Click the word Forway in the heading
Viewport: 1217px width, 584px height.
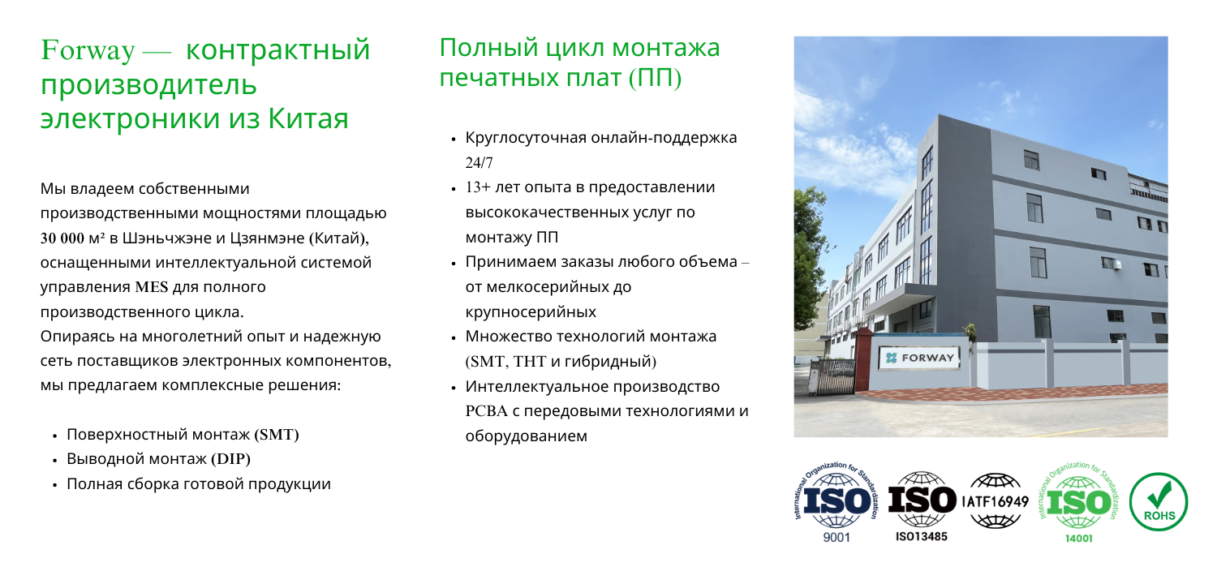point(88,50)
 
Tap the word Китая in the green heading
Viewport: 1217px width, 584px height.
point(308,118)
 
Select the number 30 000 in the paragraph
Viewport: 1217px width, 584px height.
point(62,238)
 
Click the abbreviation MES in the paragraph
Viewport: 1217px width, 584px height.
point(152,287)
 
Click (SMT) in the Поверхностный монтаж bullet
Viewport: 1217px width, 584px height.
point(277,435)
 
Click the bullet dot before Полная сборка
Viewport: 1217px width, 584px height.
point(54,485)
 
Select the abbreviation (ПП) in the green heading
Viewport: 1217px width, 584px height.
point(656,78)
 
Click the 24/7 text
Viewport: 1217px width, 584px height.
point(479,162)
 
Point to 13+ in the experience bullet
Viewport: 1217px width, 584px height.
point(478,187)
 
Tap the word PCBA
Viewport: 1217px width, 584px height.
point(486,411)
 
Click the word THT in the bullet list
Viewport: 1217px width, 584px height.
point(529,361)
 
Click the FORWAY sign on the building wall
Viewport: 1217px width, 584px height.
point(920,358)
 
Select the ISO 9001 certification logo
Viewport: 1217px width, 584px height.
point(836,502)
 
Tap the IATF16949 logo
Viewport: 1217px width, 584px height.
point(996,501)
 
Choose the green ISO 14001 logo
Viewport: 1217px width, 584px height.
point(1078,502)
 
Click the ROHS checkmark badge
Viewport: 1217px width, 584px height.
point(1159,501)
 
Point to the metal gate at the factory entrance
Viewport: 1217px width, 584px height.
point(831,376)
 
